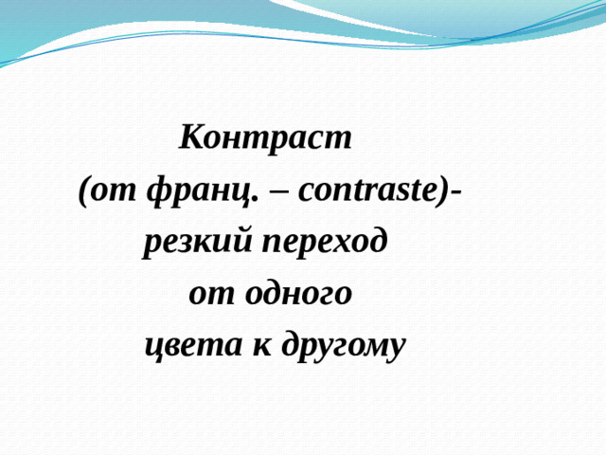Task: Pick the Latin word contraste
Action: pyautogui.click(x=366, y=192)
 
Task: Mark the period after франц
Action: pyautogui.click(x=256, y=200)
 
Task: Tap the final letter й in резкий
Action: pyautogui.click(x=244, y=244)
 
